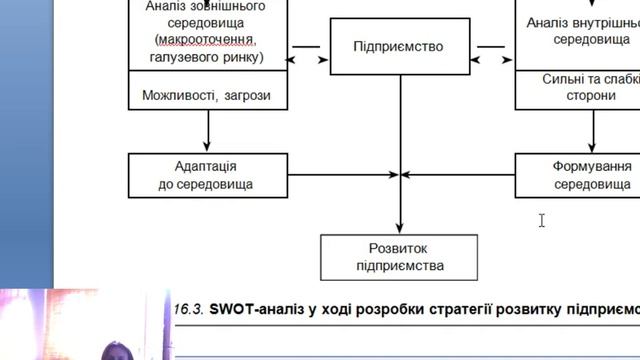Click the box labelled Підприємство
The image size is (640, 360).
pos(399,47)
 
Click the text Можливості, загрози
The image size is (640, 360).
pos(206,97)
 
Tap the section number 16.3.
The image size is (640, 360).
pos(189,309)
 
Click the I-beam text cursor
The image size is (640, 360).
pos(541,220)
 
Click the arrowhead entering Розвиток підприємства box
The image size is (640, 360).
pos(400,229)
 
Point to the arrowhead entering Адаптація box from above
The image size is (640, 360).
pos(208,147)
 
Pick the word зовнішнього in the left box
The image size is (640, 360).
pos(228,5)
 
